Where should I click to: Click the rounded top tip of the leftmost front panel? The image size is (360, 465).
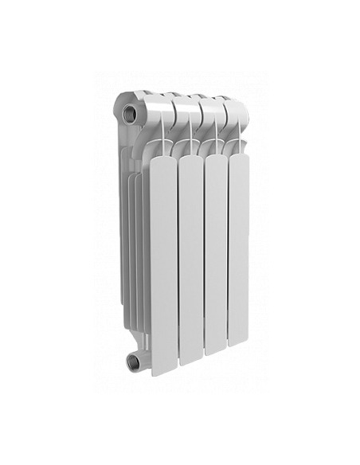(x=162, y=157)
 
